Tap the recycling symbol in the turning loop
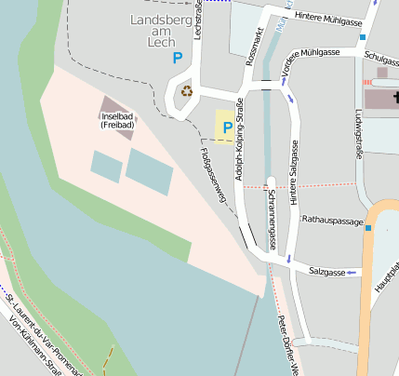(187, 91)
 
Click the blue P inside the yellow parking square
(226, 128)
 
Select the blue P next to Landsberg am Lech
(177, 58)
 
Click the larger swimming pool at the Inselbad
(150, 171)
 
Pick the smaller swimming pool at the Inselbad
(106, 167)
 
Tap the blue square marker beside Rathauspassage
(368, 227)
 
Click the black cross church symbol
(394, 97)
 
